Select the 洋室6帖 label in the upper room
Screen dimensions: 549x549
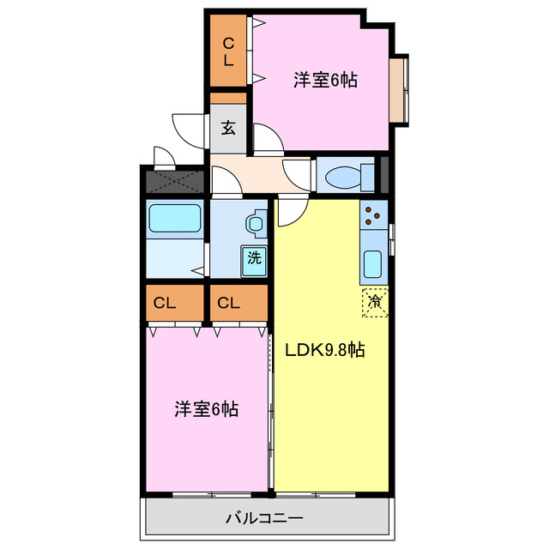click(x=325, y=81)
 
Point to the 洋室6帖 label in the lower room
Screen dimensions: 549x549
click(x=206, y=409)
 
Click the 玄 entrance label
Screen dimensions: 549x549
click(x=228, y=128)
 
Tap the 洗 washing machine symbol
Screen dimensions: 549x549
click(x=254, y=257)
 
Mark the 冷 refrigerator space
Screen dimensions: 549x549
click(x=375, y=302)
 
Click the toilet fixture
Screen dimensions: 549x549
click(x=347, y=176)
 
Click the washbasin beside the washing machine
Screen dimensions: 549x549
click(x=256, y=224)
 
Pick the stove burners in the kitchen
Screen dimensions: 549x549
click(x=374, y=215)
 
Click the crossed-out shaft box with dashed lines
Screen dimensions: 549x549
click(x=174, y=181)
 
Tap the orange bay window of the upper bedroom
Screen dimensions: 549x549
click(x=397, y=89)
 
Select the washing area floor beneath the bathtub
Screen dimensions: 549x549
click(x=174, y=260)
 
